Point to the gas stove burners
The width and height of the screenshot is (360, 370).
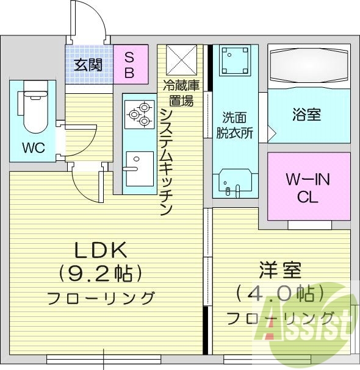139,113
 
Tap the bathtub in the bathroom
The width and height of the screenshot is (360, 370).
309,66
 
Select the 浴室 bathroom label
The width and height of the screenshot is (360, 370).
307,114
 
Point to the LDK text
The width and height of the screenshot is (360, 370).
100,249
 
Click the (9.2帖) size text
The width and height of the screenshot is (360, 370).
100,272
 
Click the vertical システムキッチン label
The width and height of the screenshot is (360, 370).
165,162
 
